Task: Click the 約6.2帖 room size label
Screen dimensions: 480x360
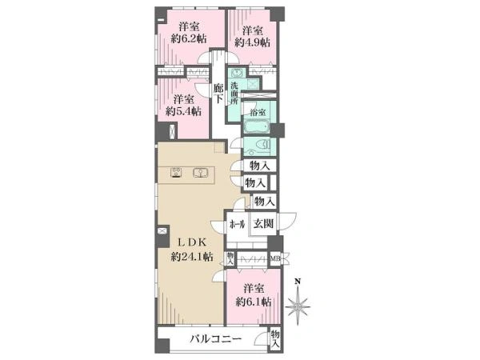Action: pos(189,39)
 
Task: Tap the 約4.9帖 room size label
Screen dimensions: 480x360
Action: pos(253,42)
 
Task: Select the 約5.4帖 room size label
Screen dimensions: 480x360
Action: pos(184,111)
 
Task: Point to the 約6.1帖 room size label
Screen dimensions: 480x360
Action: pos(254,302)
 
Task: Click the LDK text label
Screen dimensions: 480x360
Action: pos(193,242)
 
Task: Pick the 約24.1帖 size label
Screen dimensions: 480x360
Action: pos(192,257)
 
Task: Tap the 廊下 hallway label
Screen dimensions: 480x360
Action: pos(218,94)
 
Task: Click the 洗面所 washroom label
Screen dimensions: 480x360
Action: pos(234,93)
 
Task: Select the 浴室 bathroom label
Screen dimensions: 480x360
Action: pos(258,112)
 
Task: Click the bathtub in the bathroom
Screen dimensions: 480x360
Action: pos(256,127)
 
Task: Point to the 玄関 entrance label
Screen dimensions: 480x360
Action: pos(263,224)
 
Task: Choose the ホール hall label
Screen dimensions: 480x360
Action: pos(238,225)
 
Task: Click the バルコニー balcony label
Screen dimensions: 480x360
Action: pos(215,339)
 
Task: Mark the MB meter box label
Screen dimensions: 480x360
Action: pos(275,259)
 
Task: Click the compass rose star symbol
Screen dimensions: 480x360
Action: pos(298,306)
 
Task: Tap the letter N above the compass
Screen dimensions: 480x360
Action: pos(298,282)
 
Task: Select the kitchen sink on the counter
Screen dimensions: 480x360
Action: pos(200,174)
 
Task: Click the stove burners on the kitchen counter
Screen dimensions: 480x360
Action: pos(176,173)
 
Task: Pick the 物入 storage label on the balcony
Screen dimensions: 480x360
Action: pos(275,338)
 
